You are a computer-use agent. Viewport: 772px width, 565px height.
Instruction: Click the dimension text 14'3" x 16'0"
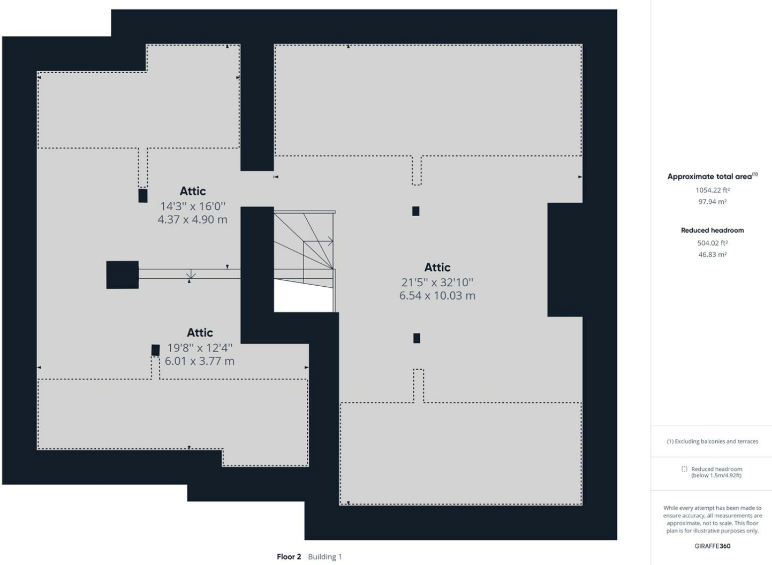(x=192, y=206)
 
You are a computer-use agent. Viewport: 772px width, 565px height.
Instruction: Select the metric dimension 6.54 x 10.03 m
(x=437, y=295)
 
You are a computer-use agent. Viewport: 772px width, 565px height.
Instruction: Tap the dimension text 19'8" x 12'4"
(x=200, y=348)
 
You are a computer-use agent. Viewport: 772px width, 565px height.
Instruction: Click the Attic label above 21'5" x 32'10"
(x=437, y=267)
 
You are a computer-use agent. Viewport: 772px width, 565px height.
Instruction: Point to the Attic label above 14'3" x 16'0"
(x=192, y=191)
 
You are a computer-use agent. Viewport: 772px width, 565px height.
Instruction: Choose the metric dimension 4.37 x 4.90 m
(x=192, y=219)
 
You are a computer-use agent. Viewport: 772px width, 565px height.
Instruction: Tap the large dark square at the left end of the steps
(x=122, y=275)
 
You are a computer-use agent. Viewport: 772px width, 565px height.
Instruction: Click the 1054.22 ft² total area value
(x=712, y=190)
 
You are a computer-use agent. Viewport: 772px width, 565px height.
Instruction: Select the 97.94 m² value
(x=712, y=202)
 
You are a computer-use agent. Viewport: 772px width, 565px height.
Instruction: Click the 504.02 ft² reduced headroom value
(x=712, y=243)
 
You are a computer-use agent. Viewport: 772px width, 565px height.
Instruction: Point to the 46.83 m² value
(x=712, y=255)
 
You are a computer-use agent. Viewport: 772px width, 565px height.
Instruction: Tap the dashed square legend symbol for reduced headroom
(x=684, y=469)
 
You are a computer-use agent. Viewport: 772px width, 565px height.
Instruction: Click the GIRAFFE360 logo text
(x=712, y=546)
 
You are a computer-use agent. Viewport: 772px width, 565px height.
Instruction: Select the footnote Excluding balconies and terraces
(x=712, y=441)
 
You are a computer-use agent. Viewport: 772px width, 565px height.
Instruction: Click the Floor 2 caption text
(x=289, y=557)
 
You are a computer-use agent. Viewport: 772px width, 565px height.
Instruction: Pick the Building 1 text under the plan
(x=324, y=557)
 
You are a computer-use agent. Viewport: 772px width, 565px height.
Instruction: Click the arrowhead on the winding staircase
(x=330, y=242)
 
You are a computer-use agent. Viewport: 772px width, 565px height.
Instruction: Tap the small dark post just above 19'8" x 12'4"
(x=155, y=350)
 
